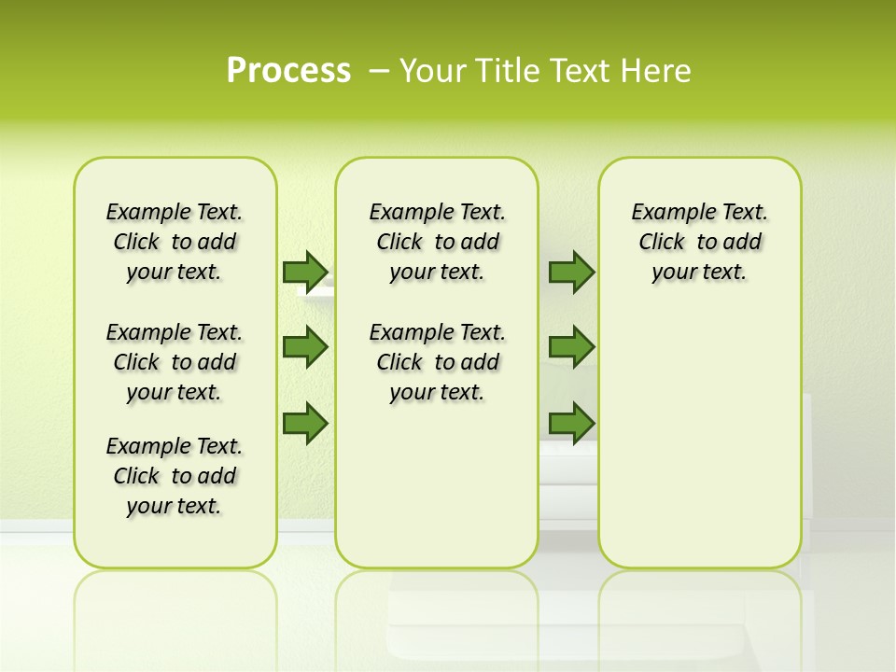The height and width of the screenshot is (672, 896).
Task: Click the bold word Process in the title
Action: coord(288,70)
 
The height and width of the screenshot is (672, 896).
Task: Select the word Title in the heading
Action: coord(509,70)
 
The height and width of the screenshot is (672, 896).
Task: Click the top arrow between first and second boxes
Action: coord(305,272)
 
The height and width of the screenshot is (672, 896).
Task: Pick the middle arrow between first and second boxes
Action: coord(305,347)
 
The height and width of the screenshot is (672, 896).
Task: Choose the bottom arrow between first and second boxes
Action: coord(305,423)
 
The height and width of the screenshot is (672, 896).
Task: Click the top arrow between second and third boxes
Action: coord(571,272)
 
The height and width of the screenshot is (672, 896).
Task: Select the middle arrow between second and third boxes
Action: coord(571,347)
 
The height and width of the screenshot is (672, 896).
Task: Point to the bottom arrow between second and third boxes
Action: coord(571,423)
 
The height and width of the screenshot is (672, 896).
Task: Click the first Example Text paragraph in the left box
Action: coord(175,242)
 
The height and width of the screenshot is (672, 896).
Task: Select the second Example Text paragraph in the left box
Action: coord(175,362)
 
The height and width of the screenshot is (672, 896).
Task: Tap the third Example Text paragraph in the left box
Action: coord(175,476)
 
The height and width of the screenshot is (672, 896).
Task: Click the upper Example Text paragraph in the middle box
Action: coord(437,242)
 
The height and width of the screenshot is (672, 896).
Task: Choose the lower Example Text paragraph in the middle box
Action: coord(437,362)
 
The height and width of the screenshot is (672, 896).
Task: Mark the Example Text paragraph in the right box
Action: coord(699,242)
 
